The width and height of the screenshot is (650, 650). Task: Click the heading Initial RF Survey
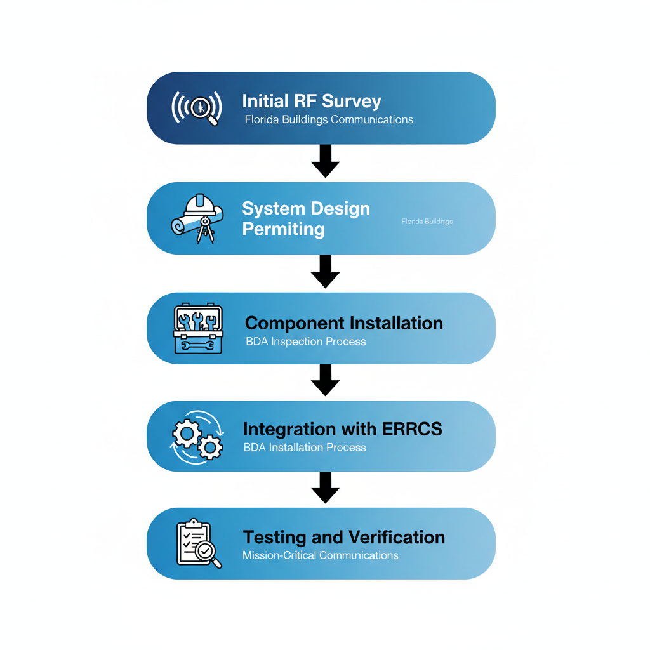point(312,102)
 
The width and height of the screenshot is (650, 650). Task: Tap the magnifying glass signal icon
point(197,107)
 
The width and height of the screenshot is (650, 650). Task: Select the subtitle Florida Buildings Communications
point(329,120)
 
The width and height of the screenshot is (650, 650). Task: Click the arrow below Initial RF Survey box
point(325,161)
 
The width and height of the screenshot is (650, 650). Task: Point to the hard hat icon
point(202,205)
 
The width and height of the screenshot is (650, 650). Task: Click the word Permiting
point(283,229)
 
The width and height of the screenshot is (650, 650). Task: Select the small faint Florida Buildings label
point(427,222)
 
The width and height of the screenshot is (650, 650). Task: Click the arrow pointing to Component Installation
point(325,271)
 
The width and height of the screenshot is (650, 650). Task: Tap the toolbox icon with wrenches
point(197,329)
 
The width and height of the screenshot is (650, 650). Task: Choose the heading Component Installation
point(343,323)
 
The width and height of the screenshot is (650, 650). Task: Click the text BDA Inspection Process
point(305,342)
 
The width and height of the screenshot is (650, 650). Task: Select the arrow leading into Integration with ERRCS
point(325,380)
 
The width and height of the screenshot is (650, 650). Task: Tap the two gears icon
point(197,438)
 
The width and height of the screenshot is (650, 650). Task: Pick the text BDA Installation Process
point(305,448)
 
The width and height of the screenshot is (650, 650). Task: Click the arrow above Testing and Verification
point(325,487)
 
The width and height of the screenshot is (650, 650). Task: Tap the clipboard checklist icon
point(197,544)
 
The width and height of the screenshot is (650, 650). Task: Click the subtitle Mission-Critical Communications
point(320,555)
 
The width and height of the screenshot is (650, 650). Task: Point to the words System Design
point(306,209)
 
